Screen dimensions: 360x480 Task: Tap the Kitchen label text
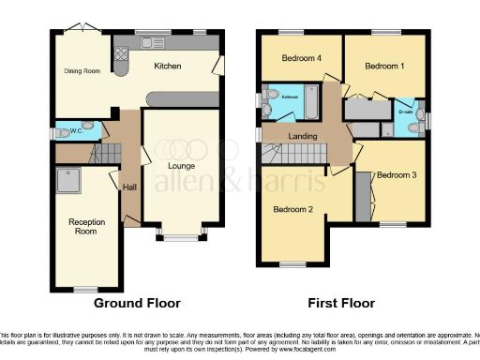tap(167, 66)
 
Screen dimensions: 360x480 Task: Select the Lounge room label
tap(181, 166)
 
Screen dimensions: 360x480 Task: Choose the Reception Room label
tap(85, 226)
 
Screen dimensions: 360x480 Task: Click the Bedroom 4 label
tap(302, 58)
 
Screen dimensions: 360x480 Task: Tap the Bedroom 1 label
tap(384, 66)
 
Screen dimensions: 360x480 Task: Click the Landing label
tap(302, 137)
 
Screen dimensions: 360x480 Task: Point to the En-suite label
tap(405, 111)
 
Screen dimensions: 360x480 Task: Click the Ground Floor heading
tap(137, 303)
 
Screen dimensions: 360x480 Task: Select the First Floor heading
tap(342, 303)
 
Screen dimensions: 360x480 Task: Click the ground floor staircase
tap(105, 151)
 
